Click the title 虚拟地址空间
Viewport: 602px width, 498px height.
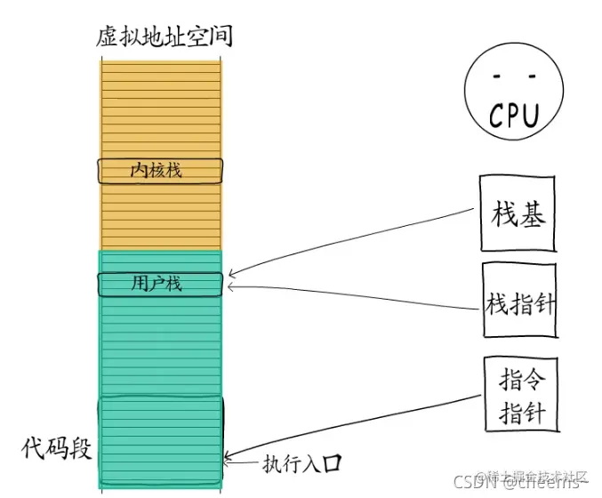coord(165,38)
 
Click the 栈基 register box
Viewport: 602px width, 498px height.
coord(518,213)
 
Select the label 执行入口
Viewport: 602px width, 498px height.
coord(301,463)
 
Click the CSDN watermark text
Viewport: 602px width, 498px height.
coord(472,483)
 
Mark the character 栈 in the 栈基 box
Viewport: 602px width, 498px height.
coord(503,214)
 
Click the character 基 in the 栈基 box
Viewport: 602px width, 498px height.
coord(532,214)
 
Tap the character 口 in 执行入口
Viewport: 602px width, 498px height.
coord(333,463)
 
